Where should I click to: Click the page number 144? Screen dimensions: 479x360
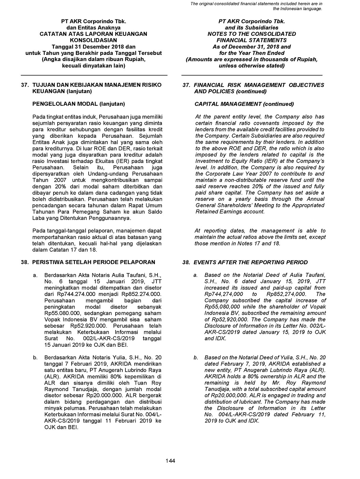click(x=170, y=461)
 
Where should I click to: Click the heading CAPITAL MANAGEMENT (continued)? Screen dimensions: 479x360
click(x=244, y=104)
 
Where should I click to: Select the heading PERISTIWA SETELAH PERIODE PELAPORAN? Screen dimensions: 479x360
click(x=93, y=262)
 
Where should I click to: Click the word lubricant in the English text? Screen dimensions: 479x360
click(x=250, y=402)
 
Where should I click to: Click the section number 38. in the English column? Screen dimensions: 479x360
click(x=186, y=262)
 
